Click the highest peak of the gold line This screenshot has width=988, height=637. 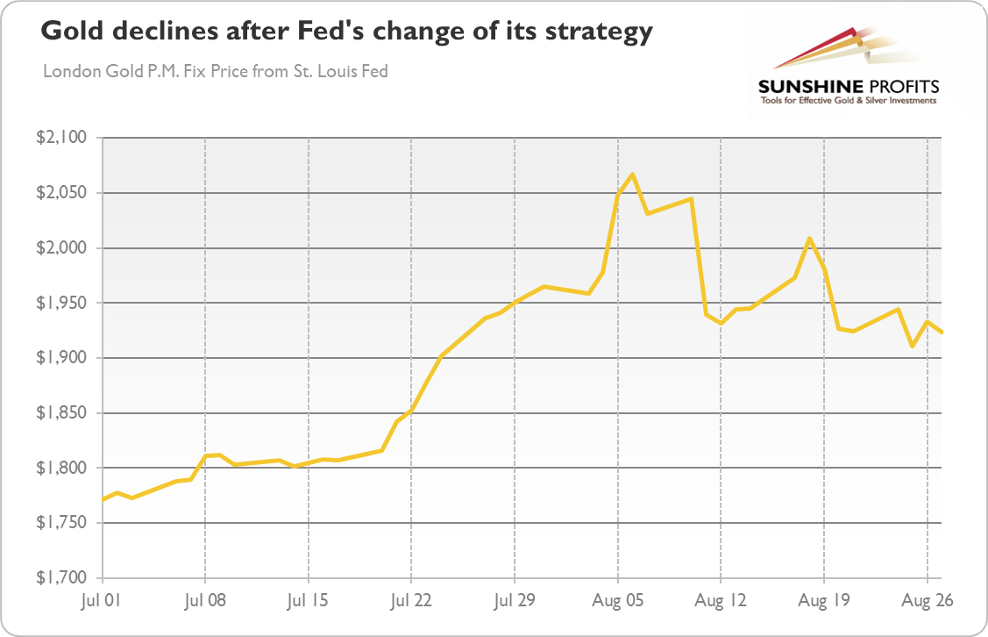pos(632,174)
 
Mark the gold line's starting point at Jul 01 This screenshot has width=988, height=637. pos(103,500)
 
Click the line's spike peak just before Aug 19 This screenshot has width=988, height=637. pos(809,239)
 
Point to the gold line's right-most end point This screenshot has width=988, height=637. pos(942,333)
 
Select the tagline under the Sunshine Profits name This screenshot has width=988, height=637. pos(848,101)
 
